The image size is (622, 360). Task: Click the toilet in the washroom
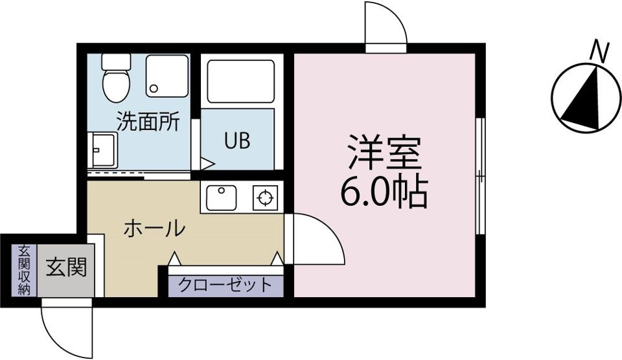coord(117,79)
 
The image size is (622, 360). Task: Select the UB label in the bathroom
coord(236,141)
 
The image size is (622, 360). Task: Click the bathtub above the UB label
coord(240,82)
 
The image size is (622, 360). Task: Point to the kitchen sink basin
coord(222,197)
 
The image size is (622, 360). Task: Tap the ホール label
coord(154,228)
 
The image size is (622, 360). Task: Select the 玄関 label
coord(65,265)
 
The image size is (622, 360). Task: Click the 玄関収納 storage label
coord(24,270)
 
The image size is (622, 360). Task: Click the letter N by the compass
coord(601,51)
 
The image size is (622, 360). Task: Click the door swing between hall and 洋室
coord(314,240)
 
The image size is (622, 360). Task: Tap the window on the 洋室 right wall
coord(479,175)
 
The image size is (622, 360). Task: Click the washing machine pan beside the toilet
coord(167,75)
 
